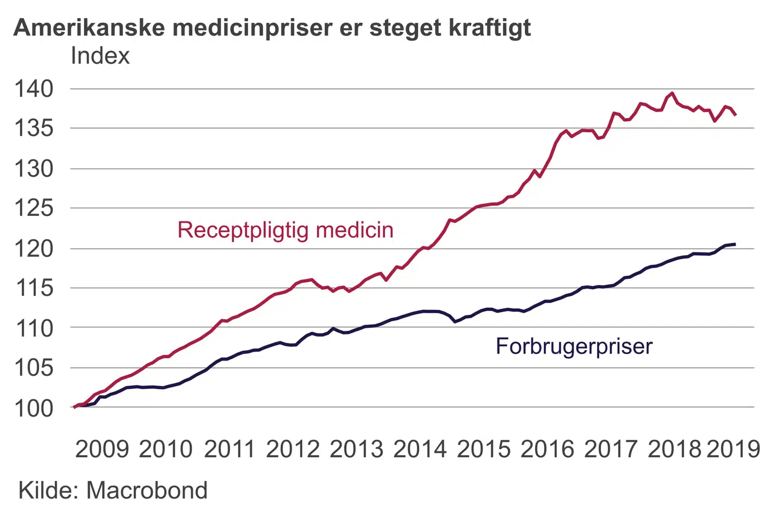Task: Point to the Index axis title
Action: coord(100,56)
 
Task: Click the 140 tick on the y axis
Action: coord(34,89)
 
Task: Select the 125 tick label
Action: coord(34,208)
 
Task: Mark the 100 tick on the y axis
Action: coord(34,408)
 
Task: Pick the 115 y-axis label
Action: coord(34,288)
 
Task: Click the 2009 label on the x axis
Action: coord(102,449)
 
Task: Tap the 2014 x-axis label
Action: coord(420,449)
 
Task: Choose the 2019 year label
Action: coord(733,449)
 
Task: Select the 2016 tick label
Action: coord(547,449)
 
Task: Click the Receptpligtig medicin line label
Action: coord(285,230)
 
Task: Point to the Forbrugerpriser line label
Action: coord(574,346)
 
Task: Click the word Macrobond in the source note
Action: coord(147,490)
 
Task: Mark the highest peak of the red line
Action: coord(672,94)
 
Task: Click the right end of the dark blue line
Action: coord(735,244)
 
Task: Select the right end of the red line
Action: coord(735,115)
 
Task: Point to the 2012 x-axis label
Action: coord(293,449)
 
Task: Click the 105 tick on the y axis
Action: coord(34,368)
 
